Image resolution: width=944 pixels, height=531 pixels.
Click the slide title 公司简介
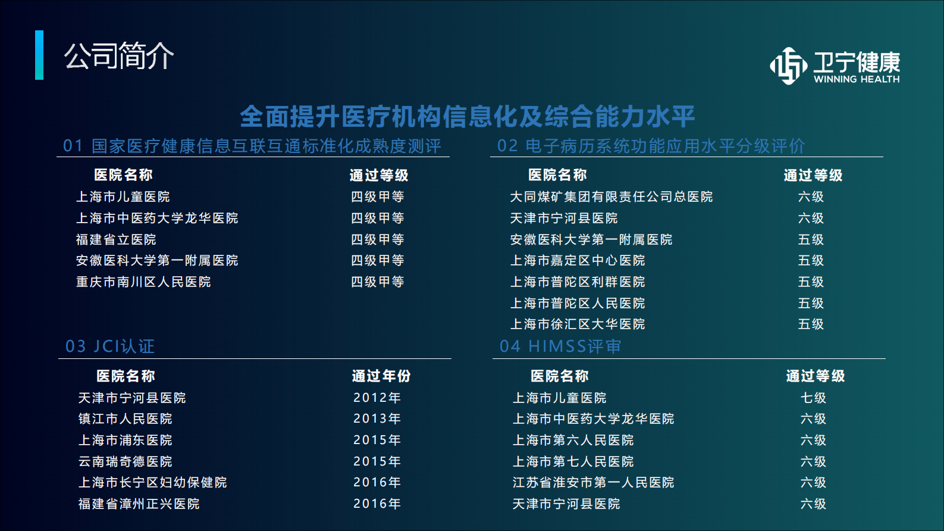[119, 56]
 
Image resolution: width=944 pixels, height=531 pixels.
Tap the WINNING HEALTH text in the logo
[857, 79]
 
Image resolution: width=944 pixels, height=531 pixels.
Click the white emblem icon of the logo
[789, 65]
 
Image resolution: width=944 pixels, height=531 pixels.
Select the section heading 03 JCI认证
[110, 346]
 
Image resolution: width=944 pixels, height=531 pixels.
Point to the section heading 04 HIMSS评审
[560, 346]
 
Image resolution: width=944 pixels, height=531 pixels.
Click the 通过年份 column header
[381, 376]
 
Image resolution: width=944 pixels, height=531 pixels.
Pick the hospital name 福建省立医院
[116, 239]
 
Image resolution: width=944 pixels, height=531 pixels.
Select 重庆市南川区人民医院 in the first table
[143, 282]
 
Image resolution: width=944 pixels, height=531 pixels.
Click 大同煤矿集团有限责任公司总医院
[611, 196]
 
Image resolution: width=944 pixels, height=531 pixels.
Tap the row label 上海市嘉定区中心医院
[578, 260]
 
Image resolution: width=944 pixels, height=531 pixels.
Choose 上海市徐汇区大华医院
[578, 324]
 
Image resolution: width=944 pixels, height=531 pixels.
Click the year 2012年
[377, 398]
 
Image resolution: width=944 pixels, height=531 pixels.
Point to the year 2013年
[377, 418]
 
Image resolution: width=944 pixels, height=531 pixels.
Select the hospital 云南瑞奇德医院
[126, 461]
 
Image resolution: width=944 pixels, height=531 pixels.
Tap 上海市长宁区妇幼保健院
[153, 482]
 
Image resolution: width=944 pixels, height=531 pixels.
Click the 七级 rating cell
[813, 398]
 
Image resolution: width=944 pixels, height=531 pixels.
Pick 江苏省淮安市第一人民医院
[593, 482]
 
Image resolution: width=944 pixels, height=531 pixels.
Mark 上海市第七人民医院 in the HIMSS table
[573, 461]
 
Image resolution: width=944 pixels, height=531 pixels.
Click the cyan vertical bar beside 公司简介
[39, 55]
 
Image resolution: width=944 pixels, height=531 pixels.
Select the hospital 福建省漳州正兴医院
[139, 504]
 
